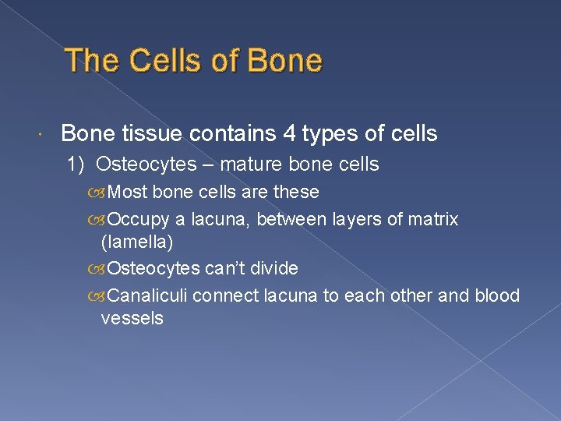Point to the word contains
(229, 134)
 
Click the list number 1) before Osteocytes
(76, 165)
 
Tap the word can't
(222, 269)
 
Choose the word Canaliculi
(147, 296)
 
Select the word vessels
(132, 318)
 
